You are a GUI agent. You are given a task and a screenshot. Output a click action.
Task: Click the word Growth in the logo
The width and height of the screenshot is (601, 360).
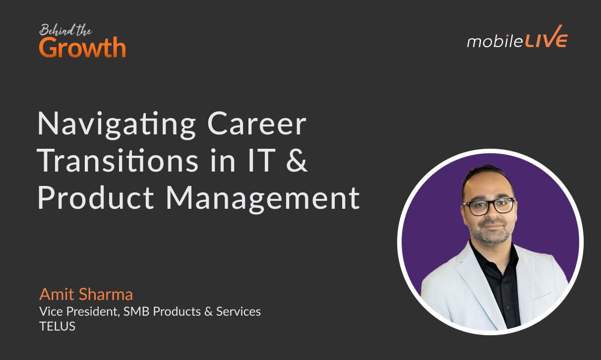pos(82,48)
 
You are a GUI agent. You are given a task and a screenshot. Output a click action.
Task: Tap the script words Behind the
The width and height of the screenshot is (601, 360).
pos(65,31)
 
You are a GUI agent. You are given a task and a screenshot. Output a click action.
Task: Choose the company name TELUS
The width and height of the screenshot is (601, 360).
pos(58,327)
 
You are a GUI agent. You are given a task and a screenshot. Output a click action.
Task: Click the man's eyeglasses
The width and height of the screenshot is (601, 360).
pos(488,205)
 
